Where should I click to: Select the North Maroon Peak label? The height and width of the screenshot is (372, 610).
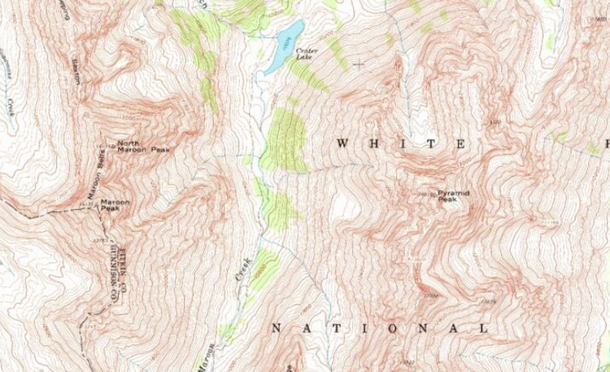coord(143,147)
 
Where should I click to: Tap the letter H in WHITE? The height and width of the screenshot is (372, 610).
coord(373,143)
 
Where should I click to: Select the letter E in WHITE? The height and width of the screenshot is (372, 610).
coord(461,143)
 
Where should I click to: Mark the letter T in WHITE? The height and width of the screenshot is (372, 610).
coord(432,143)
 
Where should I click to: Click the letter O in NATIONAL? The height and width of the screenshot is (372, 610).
coord(391,329)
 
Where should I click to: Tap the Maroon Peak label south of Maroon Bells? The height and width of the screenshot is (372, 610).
coord(115,205)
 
